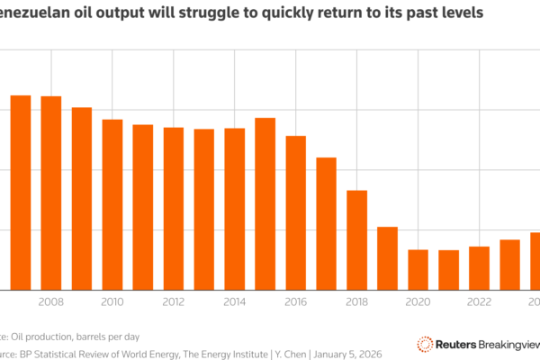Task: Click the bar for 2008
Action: point(50,193)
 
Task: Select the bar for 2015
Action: point(265,203)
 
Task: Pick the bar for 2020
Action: point(418,269)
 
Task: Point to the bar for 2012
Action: point(173,208)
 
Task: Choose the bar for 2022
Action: point(479,267)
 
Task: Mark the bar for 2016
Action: point(295,212)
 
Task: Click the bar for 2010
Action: point(112,204)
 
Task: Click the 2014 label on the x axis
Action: point(234,303)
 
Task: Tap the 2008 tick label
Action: point(50,303)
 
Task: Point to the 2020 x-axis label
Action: point(418,303)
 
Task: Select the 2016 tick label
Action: point(295,303)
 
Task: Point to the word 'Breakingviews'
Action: point(504,344)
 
